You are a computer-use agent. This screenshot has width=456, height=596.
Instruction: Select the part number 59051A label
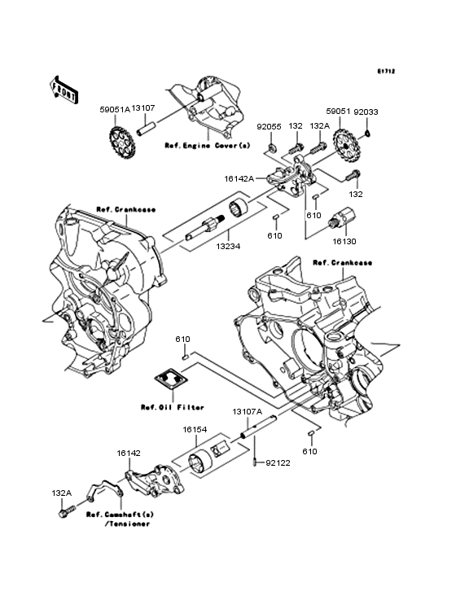(115, 109)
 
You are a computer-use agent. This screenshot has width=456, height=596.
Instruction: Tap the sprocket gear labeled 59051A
(121, 144)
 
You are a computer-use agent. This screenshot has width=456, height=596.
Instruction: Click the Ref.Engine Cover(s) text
(208, 146)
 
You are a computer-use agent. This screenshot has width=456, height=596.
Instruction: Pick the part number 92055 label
(269, 126)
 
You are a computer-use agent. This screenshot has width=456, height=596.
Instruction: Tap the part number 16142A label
(239, 178)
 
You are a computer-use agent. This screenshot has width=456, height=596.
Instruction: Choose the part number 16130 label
(344, 242)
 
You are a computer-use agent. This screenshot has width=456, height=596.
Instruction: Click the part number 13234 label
(228, 247)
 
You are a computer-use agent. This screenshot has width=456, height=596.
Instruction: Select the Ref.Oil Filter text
(172, 407)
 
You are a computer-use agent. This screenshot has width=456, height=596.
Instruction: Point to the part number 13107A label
(248, 412)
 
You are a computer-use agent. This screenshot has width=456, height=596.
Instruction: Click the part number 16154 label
(195, 430)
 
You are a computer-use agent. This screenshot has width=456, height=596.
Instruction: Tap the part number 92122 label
(278, 463)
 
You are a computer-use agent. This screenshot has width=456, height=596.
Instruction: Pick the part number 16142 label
(129, 453)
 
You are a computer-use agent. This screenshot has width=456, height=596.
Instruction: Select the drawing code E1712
(386, 71)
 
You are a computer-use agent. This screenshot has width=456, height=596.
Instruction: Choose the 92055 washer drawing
(273, 147)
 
